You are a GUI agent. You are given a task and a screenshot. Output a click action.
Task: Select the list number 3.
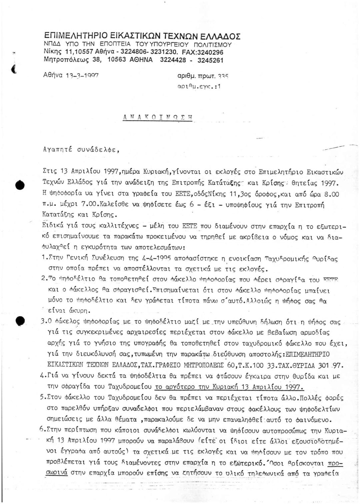44,322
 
